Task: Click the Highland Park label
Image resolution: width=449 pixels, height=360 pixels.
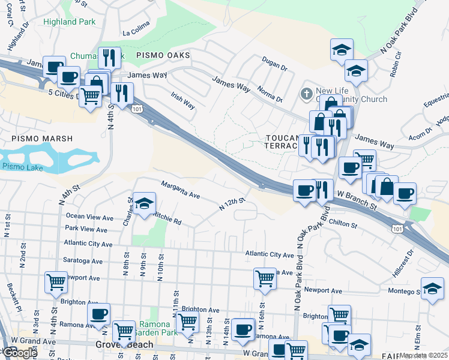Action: pyautogui.click(x=69, y=22)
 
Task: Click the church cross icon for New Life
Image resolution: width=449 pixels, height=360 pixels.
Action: pyautogui.click(x=306, y=94)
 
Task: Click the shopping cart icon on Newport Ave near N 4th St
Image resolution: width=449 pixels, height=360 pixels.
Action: pyautogui.click(x=56, y=281)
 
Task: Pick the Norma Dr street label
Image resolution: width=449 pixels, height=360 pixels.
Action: pyautogui.click(x=271, y=94)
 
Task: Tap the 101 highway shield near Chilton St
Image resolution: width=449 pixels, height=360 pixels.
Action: pyautogui.click(x=397, y=229)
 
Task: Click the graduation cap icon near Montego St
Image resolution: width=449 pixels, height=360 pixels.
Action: pyautogui.click(x=432, y=288)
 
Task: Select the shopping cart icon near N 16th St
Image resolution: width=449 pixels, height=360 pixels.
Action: pyautogui.click(x=265, y=278)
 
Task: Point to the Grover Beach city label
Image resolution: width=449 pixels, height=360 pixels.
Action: pyautogui.click(x=124, y=346)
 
